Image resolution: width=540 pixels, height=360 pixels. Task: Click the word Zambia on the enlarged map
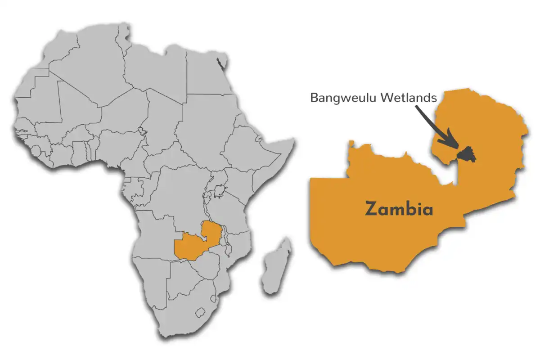tap(399, 209)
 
